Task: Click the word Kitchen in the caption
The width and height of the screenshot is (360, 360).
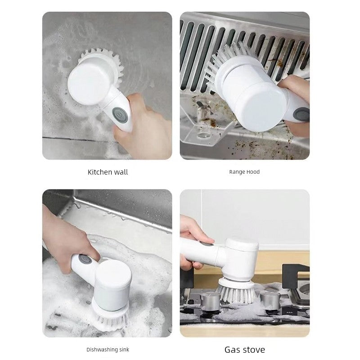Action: [x=99, y=172]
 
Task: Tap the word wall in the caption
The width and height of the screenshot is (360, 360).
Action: [x=121, y=172]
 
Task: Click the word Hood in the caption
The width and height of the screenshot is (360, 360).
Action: [x=252, y=172]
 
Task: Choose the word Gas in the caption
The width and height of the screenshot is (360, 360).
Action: [x=232, y=350]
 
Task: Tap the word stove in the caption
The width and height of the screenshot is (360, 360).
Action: [x=253, y=350]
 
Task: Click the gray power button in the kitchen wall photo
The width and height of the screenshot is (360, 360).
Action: [x=119, y=114]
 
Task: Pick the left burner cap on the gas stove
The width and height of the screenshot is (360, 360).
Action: [x=210, y=301]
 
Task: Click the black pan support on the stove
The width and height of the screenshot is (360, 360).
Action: [x=296, y=275]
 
